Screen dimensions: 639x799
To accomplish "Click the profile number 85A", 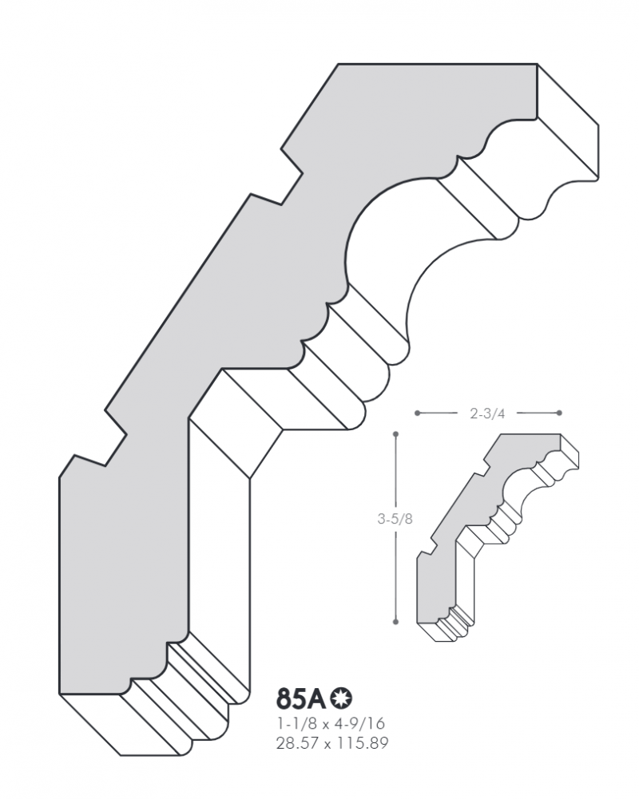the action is (x=301, y=699).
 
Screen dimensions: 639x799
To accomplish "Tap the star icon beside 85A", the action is (x=341, y=698).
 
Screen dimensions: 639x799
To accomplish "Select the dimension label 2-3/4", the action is (x=487, y=413).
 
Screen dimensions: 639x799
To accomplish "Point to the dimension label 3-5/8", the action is (x=395, y=519).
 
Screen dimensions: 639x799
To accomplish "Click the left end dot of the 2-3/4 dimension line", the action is (x=417, y=413).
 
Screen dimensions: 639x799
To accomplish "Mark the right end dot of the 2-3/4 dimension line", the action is (x=559, y=413).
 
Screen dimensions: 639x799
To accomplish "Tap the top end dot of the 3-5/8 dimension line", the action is (x=395, y=434).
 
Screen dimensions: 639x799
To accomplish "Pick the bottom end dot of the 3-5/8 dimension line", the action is (x=395, y=622).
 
